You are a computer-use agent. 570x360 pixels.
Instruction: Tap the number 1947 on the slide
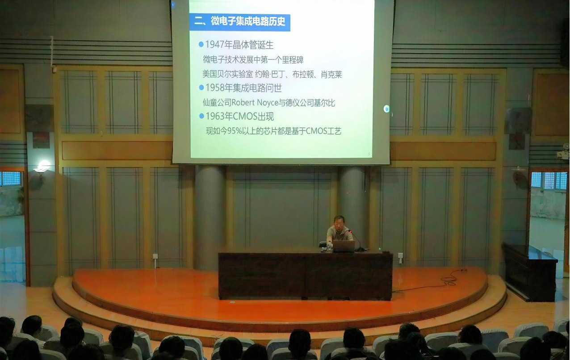(215, 45)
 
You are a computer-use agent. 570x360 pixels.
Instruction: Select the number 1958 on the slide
(215, 88)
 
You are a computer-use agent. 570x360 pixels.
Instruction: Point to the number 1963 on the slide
(215, 116)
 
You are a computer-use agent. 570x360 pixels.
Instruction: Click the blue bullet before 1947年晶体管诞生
(201, 45)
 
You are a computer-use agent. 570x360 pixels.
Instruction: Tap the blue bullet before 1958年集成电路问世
(201, 88)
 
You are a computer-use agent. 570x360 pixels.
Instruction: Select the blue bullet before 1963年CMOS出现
(201, 116)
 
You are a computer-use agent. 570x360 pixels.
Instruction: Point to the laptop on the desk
(344, 246)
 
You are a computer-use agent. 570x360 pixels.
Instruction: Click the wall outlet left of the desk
(155, 256)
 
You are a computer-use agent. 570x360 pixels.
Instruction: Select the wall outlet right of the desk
(400, 255)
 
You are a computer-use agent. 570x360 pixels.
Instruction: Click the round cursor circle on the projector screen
(386, 109)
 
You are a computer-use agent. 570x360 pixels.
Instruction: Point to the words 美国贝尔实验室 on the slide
(227, 74)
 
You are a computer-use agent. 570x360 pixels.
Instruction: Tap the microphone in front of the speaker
(351, 231)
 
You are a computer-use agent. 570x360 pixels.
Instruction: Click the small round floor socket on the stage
(232, 302)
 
